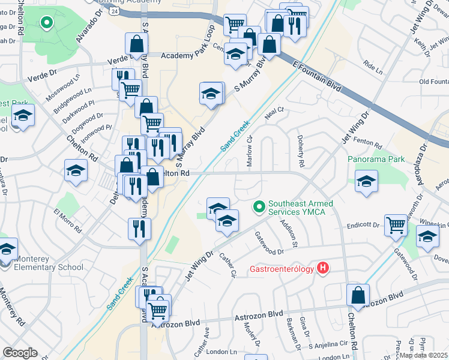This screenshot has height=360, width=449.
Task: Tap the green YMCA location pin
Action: pos(259,207)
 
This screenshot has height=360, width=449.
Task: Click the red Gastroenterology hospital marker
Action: pos(324,268)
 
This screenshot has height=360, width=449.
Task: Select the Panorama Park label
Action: pos(376,160)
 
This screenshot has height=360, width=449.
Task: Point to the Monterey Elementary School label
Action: pos(41,263)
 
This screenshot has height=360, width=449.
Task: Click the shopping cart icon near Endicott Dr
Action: pos(396,226)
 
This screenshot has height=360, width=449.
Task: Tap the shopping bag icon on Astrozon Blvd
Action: pos(358,295)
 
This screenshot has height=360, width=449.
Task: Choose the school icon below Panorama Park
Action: pos(366,181)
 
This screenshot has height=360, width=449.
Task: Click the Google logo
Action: pos(20,353)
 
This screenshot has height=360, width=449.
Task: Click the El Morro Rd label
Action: pos(67,221)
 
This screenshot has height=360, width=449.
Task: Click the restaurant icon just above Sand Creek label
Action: pos(139,228)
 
